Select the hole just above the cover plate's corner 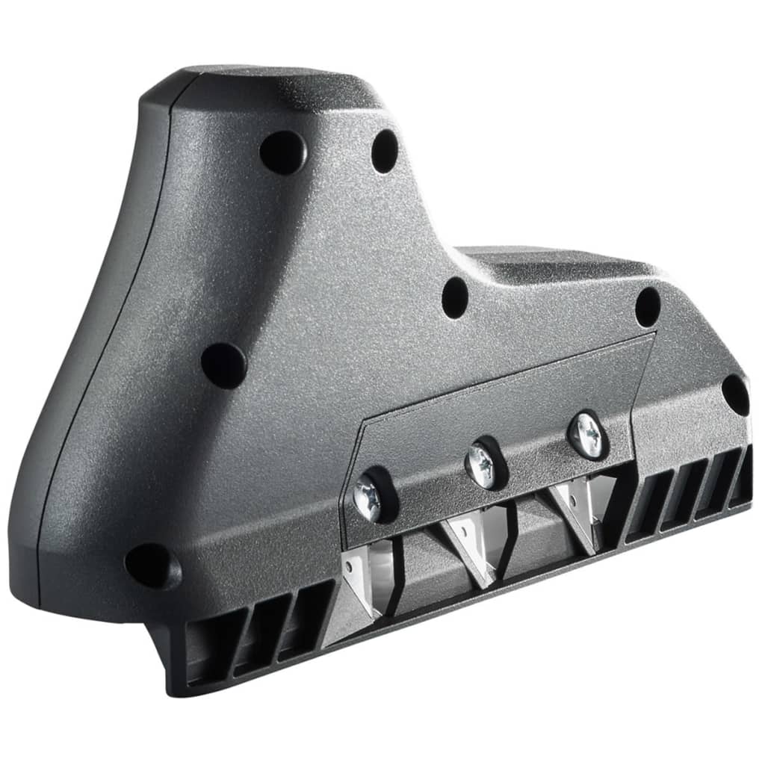tap(647, 307)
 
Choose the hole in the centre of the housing tap(455, 297)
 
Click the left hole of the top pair tap(282, 152)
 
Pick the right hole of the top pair tap(385, 151)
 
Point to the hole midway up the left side tap(223, 365)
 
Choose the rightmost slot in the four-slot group tap(743, 478)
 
